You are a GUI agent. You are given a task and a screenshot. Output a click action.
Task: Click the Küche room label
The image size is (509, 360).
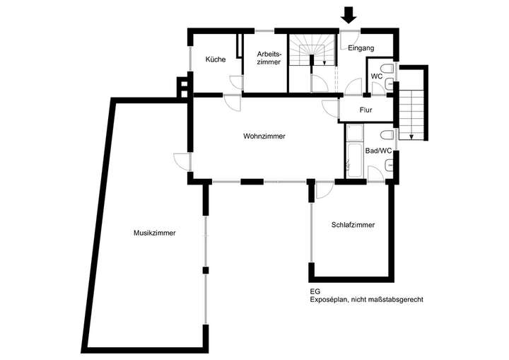(216, 59)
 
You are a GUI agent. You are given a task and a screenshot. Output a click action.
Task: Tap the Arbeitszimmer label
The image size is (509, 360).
(269, 59)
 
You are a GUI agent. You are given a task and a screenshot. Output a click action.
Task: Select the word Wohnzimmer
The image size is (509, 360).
(264, 137)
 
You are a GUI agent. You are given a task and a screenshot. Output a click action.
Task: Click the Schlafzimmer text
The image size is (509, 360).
(353, 225)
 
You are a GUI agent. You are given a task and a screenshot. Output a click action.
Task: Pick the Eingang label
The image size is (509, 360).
(361, 48)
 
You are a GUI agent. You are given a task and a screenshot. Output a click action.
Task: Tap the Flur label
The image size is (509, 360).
(365, 110)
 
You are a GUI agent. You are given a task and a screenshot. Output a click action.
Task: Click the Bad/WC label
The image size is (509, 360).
(378, 151)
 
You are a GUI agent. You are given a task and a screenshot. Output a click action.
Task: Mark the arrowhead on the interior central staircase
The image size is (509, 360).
(324, 62)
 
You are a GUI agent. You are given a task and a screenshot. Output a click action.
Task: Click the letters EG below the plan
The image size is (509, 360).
(315, 291)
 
